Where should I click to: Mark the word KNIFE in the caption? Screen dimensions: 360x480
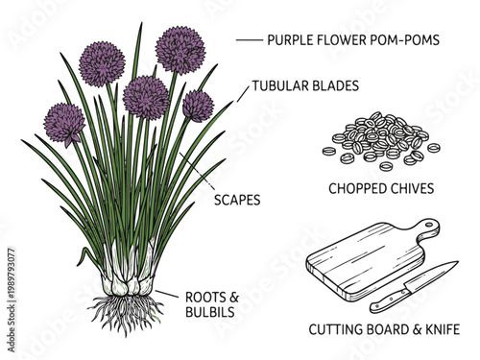[440, 330]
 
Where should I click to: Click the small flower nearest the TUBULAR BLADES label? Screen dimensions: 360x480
[198, 105]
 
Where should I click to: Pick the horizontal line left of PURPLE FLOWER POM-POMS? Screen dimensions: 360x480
[249, 40]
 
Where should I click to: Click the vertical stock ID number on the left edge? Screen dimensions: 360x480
[11, 278]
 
